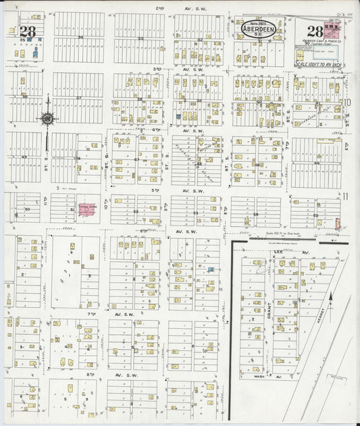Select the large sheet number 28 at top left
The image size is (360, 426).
pyautogui.click(x=28, y=31)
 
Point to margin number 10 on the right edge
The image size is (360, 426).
pyautogui.click(x=347, y=103)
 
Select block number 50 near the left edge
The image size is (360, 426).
pyautogui.click(x=28, y=210)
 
